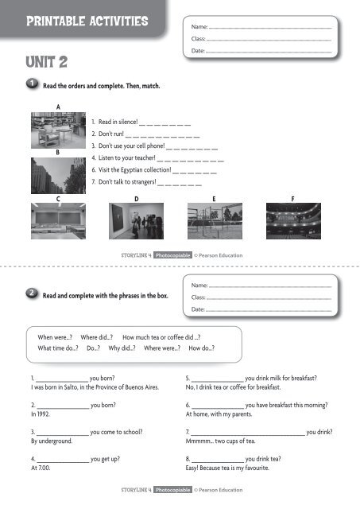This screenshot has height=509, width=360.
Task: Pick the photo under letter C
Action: click(58, 220)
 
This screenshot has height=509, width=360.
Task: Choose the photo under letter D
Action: click(137, 220)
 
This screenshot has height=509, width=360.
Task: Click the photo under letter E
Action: click(215, 220)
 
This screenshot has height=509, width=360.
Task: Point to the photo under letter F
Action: click(294, 220)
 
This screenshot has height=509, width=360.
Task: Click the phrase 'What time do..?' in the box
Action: click(59, 348)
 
